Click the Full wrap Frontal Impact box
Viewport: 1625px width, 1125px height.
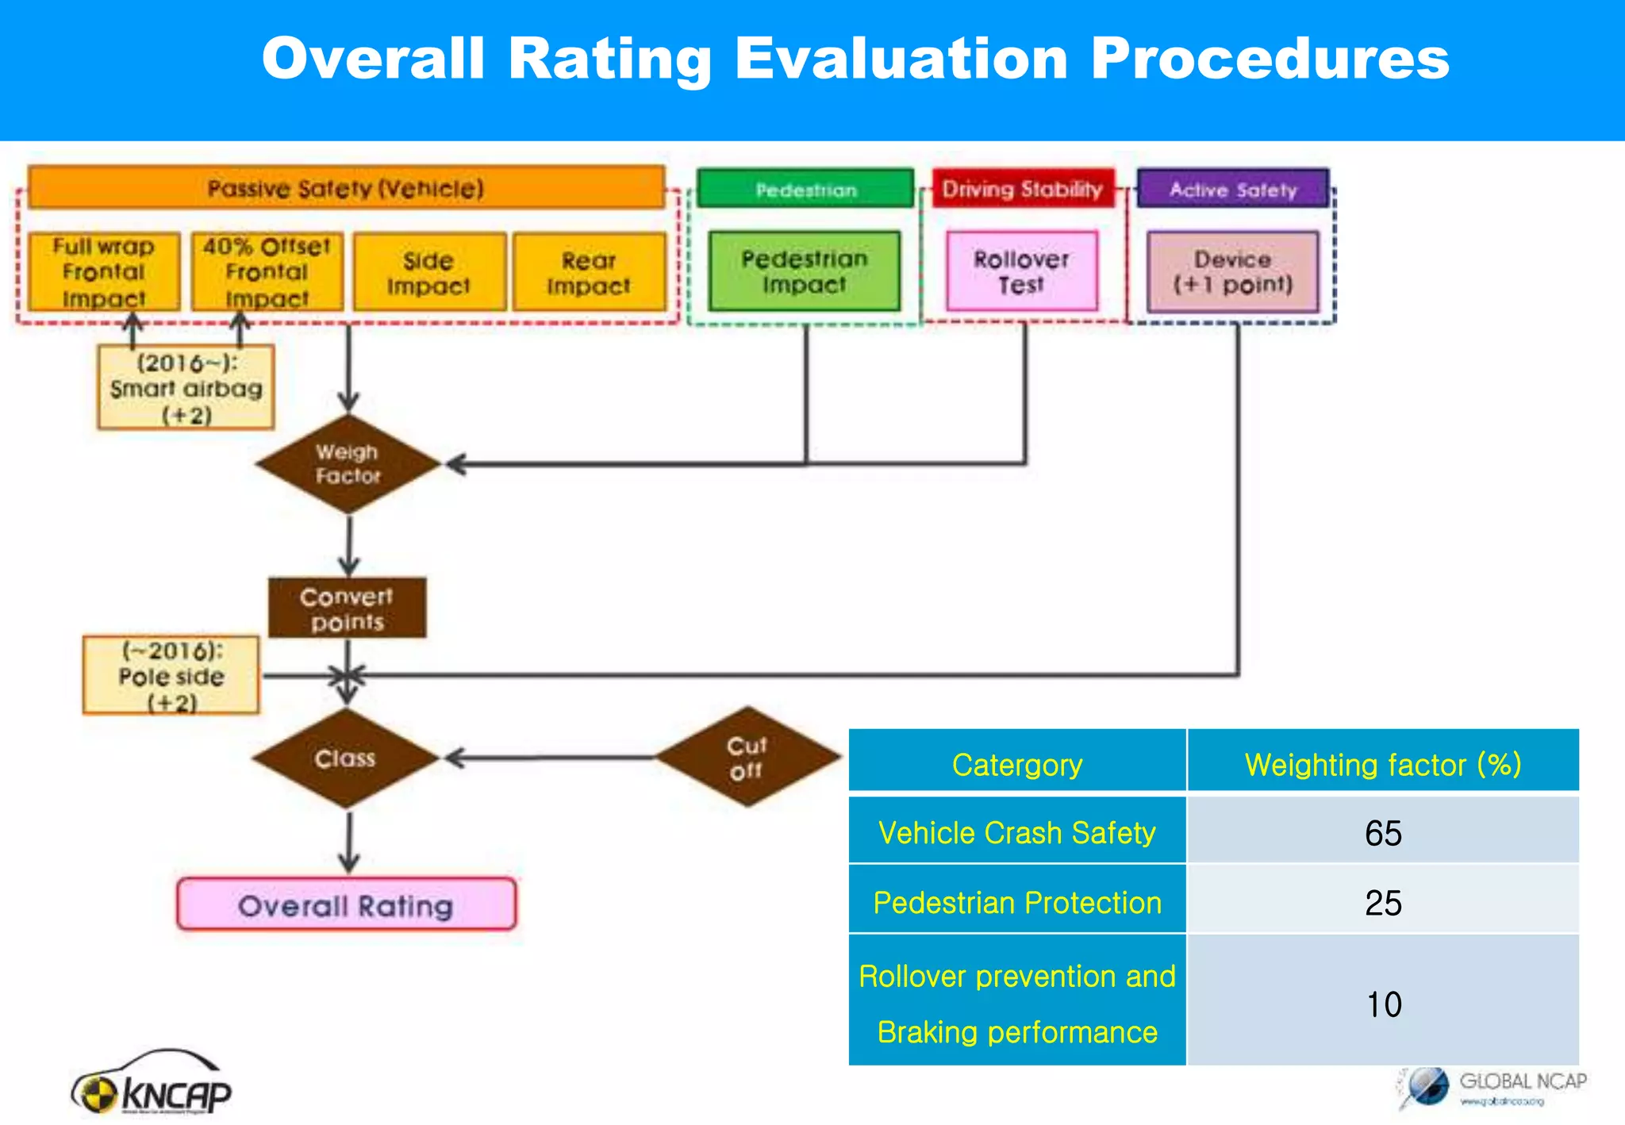104,271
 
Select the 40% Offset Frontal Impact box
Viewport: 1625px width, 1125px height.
267,271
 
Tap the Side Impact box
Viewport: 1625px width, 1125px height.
429,272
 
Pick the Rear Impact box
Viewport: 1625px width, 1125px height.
589,272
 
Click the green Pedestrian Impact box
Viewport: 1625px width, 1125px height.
804,271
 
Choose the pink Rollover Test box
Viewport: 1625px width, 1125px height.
1022,271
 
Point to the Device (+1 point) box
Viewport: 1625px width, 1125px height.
1232,271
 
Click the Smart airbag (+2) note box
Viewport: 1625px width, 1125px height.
186,387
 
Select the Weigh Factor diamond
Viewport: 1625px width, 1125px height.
348,464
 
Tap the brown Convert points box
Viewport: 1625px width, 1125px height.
347,609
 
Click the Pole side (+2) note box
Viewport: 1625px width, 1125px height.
171,676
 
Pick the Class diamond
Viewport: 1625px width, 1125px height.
345,758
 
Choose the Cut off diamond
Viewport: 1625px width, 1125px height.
747,758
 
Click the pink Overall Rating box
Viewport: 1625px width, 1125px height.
346,904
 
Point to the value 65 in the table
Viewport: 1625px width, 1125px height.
1383,832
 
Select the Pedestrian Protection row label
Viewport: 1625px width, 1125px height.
1017,902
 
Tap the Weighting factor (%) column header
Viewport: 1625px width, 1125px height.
1383,764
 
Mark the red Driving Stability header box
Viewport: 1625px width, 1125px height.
1022,189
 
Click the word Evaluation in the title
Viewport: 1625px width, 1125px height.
901,60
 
